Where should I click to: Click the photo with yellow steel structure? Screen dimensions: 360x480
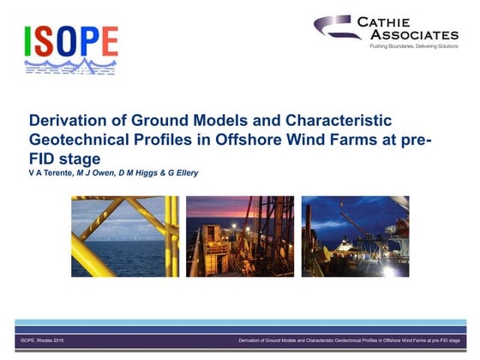pos(124,237)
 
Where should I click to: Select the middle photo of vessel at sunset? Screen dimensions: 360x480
pos(239,237)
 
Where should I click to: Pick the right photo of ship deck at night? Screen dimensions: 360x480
pos(355,237)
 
